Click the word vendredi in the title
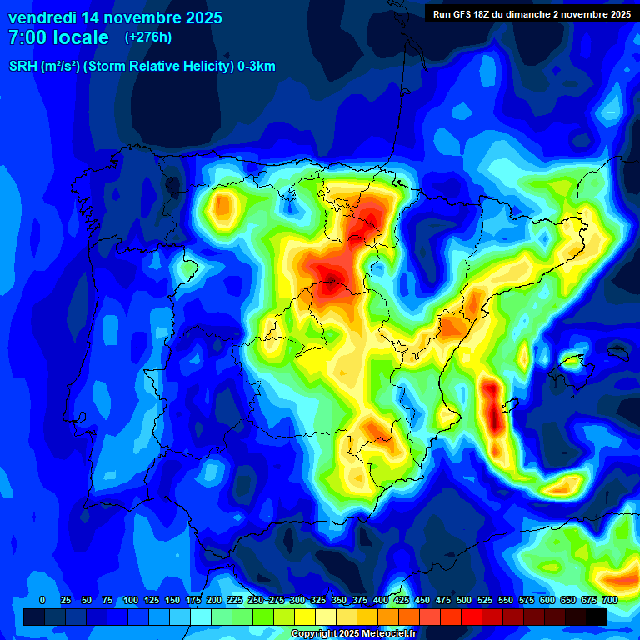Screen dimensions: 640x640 pyautogui.click(x=42, y=17)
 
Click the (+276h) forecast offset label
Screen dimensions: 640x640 pyautogui.click(x=148, y=37)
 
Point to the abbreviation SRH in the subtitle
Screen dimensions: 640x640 pyautogui.click(x=22, y=67)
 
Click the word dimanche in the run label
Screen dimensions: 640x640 pyautogui.click(x=542, y=14)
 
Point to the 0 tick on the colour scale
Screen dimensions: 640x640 pyautogui.click(x=42, y=600)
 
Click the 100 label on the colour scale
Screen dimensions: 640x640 pyautogui.click(x=130, y=600)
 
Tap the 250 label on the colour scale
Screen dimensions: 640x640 pyautogui.click(x=255, y=600)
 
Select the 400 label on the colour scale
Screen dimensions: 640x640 pyautogui.click(x=381, y=600)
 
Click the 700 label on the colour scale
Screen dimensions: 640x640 pyautogui.click(x=609, y=600)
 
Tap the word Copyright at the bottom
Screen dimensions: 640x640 pyautogui.click(x=314, y=634)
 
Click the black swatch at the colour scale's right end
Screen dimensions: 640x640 pyautogui.click(x=597, y=617)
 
